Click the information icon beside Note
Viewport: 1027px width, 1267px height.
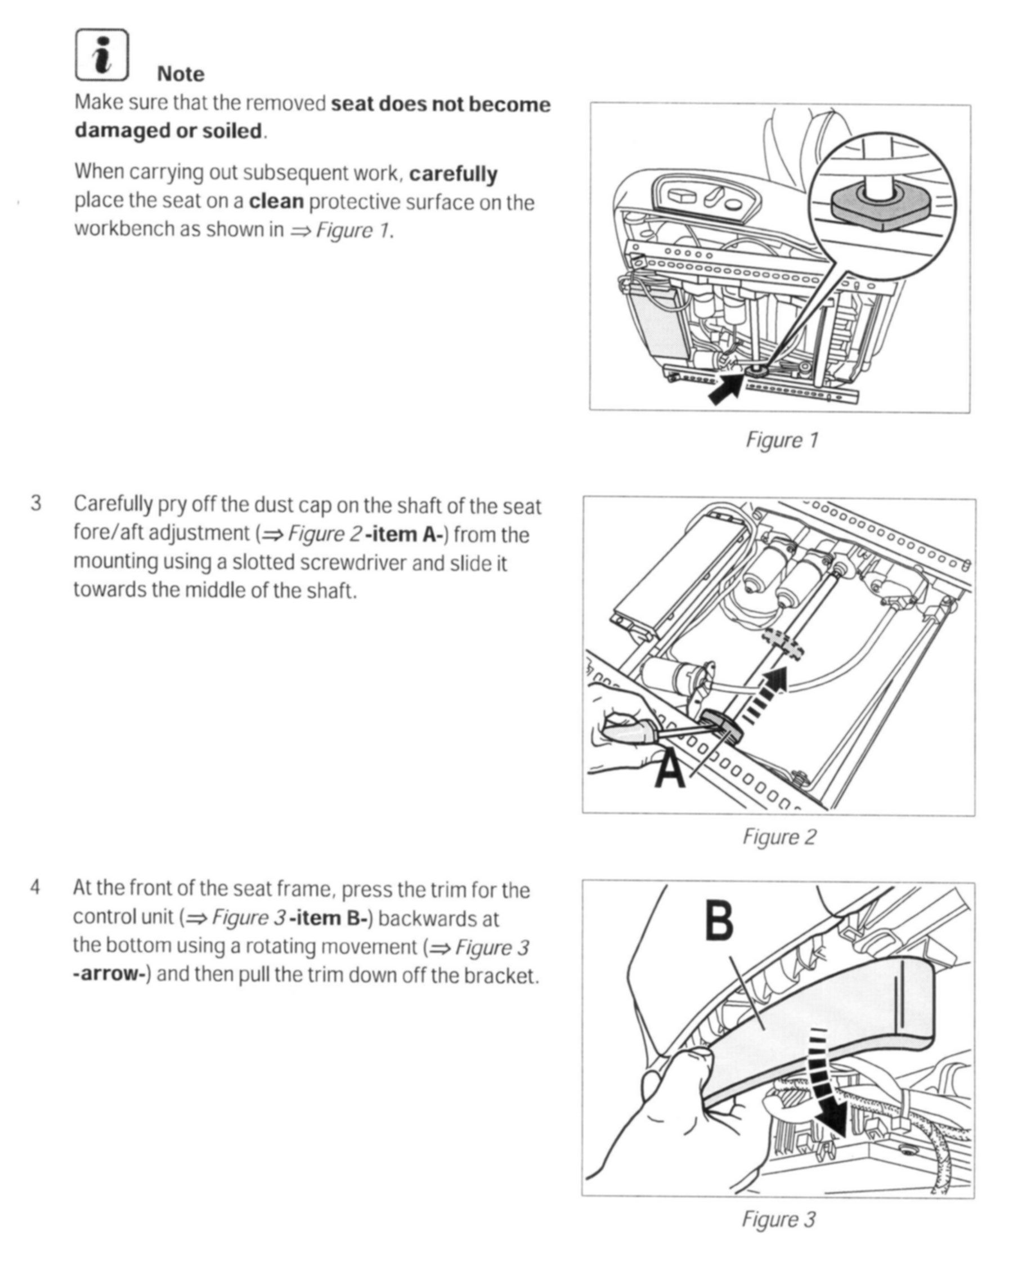click(x=102, y=55)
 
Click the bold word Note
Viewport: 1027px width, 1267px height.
click(x=181, y=74)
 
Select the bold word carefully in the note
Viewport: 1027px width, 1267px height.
click(x=453, y=174)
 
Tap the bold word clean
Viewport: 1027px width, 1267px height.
click(x=276, y=202)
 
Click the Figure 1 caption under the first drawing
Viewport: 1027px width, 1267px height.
click(x=782, y=440)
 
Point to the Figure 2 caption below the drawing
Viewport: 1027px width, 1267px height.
click(x=779, y=837)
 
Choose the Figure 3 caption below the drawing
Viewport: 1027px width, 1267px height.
click(x=778, y=1219)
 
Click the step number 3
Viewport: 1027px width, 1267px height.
click(x=36, y=504)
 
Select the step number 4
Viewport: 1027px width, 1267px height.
click(x=35, y=887)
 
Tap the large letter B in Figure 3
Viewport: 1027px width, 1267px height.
click(x=719, y=921)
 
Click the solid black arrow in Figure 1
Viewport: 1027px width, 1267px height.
click(x=726, y=388)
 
